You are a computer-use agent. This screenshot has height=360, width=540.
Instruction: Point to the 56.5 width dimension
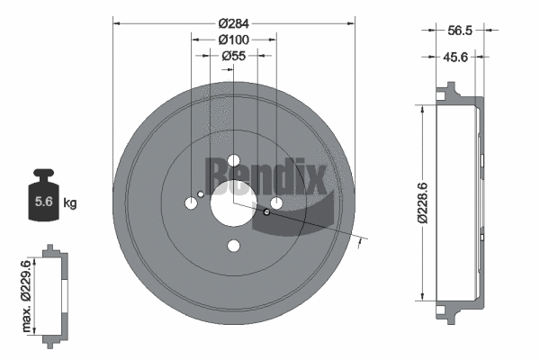(x=460, y=30)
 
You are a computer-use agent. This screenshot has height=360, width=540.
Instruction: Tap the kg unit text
(x=71, y=202)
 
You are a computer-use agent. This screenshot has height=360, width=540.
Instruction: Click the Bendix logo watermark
(x=268, y=175)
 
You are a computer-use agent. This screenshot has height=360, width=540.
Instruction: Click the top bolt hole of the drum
(x=234, y=161)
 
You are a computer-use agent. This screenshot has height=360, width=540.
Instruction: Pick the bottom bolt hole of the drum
(x=234, y=246)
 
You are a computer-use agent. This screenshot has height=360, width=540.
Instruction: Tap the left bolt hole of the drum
(x=192, y=203)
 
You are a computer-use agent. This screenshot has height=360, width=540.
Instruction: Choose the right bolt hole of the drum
(x=276, y=203)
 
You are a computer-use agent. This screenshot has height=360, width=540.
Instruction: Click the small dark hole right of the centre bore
(x=266, y=212)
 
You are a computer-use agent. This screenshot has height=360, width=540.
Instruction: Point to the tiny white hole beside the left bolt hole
(x=201, y=193)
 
